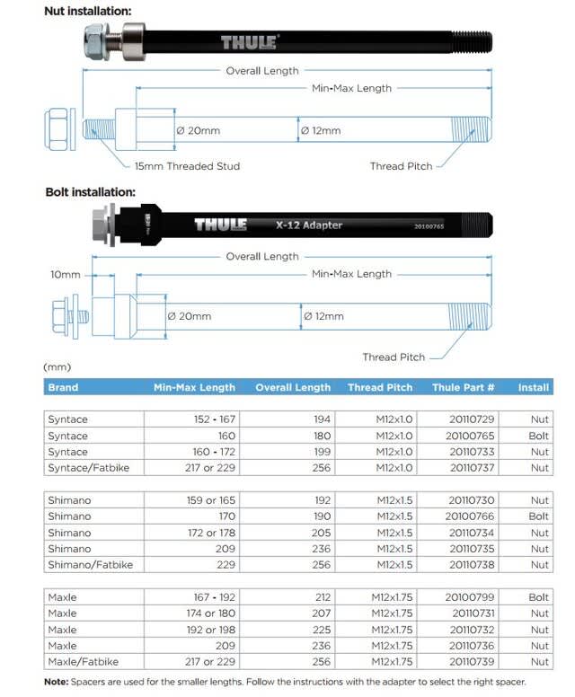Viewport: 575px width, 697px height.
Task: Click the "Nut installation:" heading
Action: (x=87, y=11)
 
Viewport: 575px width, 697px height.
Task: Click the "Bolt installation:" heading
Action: (x=90, y=191)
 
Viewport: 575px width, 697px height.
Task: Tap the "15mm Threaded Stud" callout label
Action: (x=187, y=166)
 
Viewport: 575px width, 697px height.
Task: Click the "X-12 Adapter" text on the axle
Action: (x=309, y=225)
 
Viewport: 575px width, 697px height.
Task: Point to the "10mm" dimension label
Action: (x=66, y=274)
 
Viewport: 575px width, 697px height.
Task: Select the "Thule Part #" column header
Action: (x=463, y=388)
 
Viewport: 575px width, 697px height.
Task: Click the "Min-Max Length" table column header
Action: (x=194, y=388)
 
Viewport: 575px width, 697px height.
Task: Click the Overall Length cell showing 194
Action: (x=322, y=419)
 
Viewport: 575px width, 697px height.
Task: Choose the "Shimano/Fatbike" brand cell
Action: (x=90, y=565)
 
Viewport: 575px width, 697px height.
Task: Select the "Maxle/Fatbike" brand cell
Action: (x=84, y=662)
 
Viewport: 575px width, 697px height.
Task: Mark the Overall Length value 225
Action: (x=322, y=630)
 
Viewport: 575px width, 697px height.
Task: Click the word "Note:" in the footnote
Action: (x=58, y=683)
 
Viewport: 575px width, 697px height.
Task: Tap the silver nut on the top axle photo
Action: (x=97, y=40)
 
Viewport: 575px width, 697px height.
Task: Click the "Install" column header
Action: (x=534, y=388)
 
